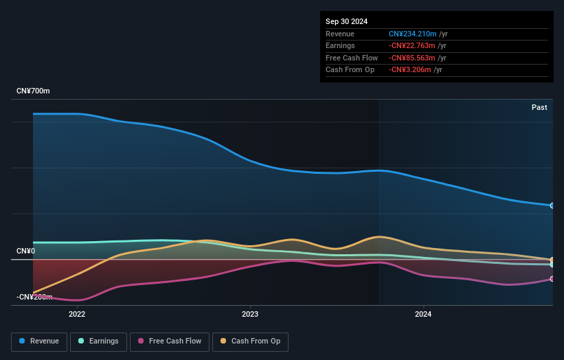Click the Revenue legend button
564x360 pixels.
pyautogui.click(x=39, y=341)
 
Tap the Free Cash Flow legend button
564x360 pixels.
pyautogui.click(x=169, y=341)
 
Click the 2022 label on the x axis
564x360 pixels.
pyautogui.click(x=77, y=315)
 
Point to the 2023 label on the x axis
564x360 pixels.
pyautogui.click(x=250, y=315)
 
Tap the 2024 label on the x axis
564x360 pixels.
pyautogui.click(x=423, y=315)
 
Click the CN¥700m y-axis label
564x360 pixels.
pyautogui.click(x=33, y=91)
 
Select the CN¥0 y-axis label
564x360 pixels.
pyautogui.click(x=26, y=251)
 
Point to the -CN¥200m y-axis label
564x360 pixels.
pyautogui.click(x=34, y=297)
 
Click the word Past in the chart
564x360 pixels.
pyautogui.click(x=539, y=107)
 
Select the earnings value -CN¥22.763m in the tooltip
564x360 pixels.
pyautogui.click(x=414, y=46)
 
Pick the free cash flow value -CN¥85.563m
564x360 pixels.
pyautogui.click(x=414, y=58)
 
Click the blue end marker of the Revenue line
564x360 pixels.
pyautogui.click(x=552, y=205)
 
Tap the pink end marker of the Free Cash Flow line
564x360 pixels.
pyautogui.click(x=552, y=279)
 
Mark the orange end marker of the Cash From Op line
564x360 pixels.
pyautogui.click(x=552, y=260)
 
